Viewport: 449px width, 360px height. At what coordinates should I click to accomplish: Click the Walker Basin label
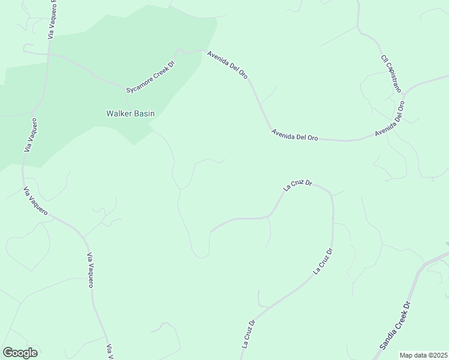[x=130, y=113]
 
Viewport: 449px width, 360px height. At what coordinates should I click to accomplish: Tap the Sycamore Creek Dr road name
[x=149, y=77]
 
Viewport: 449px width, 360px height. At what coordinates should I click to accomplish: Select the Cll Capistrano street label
[x=390, y=73]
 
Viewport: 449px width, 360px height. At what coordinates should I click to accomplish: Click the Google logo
[x=20, y=353]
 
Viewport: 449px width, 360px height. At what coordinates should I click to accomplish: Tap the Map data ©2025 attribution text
[x=423, y=355]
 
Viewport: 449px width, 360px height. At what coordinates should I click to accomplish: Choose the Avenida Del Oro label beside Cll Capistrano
[x=390, y=119]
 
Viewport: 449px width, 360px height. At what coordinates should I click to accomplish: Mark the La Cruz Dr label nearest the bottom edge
[x=249, y=334]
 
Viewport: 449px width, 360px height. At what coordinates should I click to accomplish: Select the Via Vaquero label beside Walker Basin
[x=31, y=135]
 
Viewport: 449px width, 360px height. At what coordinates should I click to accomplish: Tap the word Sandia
[x=388, y=338]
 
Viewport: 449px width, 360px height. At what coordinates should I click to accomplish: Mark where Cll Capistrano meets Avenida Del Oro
[x=404, y=95]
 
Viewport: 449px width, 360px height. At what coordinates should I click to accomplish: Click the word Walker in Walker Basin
[x=119, y=113]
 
